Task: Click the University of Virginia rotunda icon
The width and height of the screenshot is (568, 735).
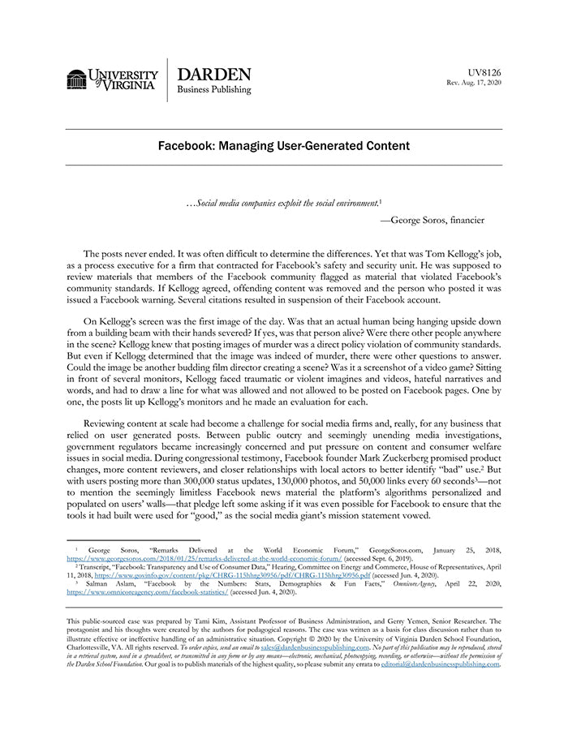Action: click(76, 80)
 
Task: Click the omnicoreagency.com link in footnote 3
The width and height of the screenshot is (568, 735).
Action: click(146, 593)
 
